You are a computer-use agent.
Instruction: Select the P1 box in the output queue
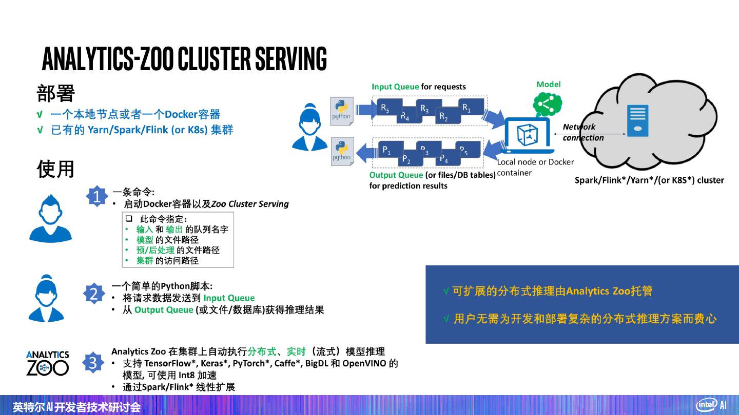(388, 150)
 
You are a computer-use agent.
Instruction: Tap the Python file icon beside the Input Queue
(341, 110)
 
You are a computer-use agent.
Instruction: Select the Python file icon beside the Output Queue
(341, 151)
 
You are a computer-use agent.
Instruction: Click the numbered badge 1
(96, 196)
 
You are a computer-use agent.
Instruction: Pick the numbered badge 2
(94, 294)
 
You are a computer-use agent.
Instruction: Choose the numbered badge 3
(93, 363)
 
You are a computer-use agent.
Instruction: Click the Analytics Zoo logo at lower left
(47, 363)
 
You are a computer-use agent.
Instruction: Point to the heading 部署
(56, 93)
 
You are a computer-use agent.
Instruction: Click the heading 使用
(56, 169)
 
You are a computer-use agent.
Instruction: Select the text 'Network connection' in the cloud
(582, 132)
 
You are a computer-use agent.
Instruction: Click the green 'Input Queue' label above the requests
(395, 87)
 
